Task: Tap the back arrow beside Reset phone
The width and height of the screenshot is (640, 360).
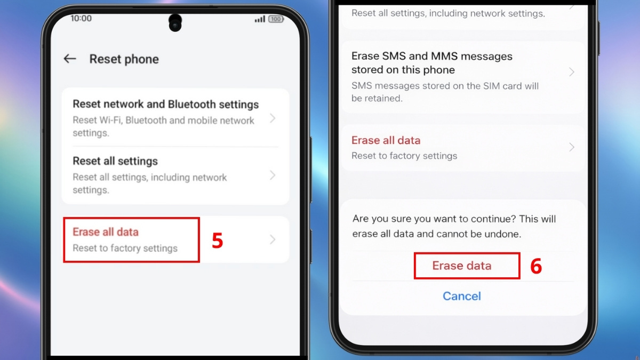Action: (70, 59)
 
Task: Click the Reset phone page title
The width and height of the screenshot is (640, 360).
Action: (124, 59)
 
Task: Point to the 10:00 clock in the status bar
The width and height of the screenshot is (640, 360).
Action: (81, 18)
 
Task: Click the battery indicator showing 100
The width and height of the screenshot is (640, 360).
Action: (276, 19)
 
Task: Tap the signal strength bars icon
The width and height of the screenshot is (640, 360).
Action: (260, 19)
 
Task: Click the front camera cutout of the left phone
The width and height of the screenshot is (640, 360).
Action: (175, 23)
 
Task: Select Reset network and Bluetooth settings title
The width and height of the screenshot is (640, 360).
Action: (165, 105)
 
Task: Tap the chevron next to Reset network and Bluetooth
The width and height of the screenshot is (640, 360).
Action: (273, 118)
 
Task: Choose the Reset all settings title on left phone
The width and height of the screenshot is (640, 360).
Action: (115, 161)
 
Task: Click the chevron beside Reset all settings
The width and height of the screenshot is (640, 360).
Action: (273, 175)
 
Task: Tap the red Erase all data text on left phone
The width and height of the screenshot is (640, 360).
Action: (106, 232)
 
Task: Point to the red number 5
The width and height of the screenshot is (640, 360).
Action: (217, 241)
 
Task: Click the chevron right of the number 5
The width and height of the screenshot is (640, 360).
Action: (273, 239)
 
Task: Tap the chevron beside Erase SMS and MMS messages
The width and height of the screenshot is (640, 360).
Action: (572, 72)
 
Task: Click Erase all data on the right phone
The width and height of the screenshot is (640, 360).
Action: (386, 140)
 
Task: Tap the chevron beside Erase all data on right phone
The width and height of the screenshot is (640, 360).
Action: (572, 147)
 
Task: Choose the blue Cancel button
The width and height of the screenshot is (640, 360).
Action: (462, 296)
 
